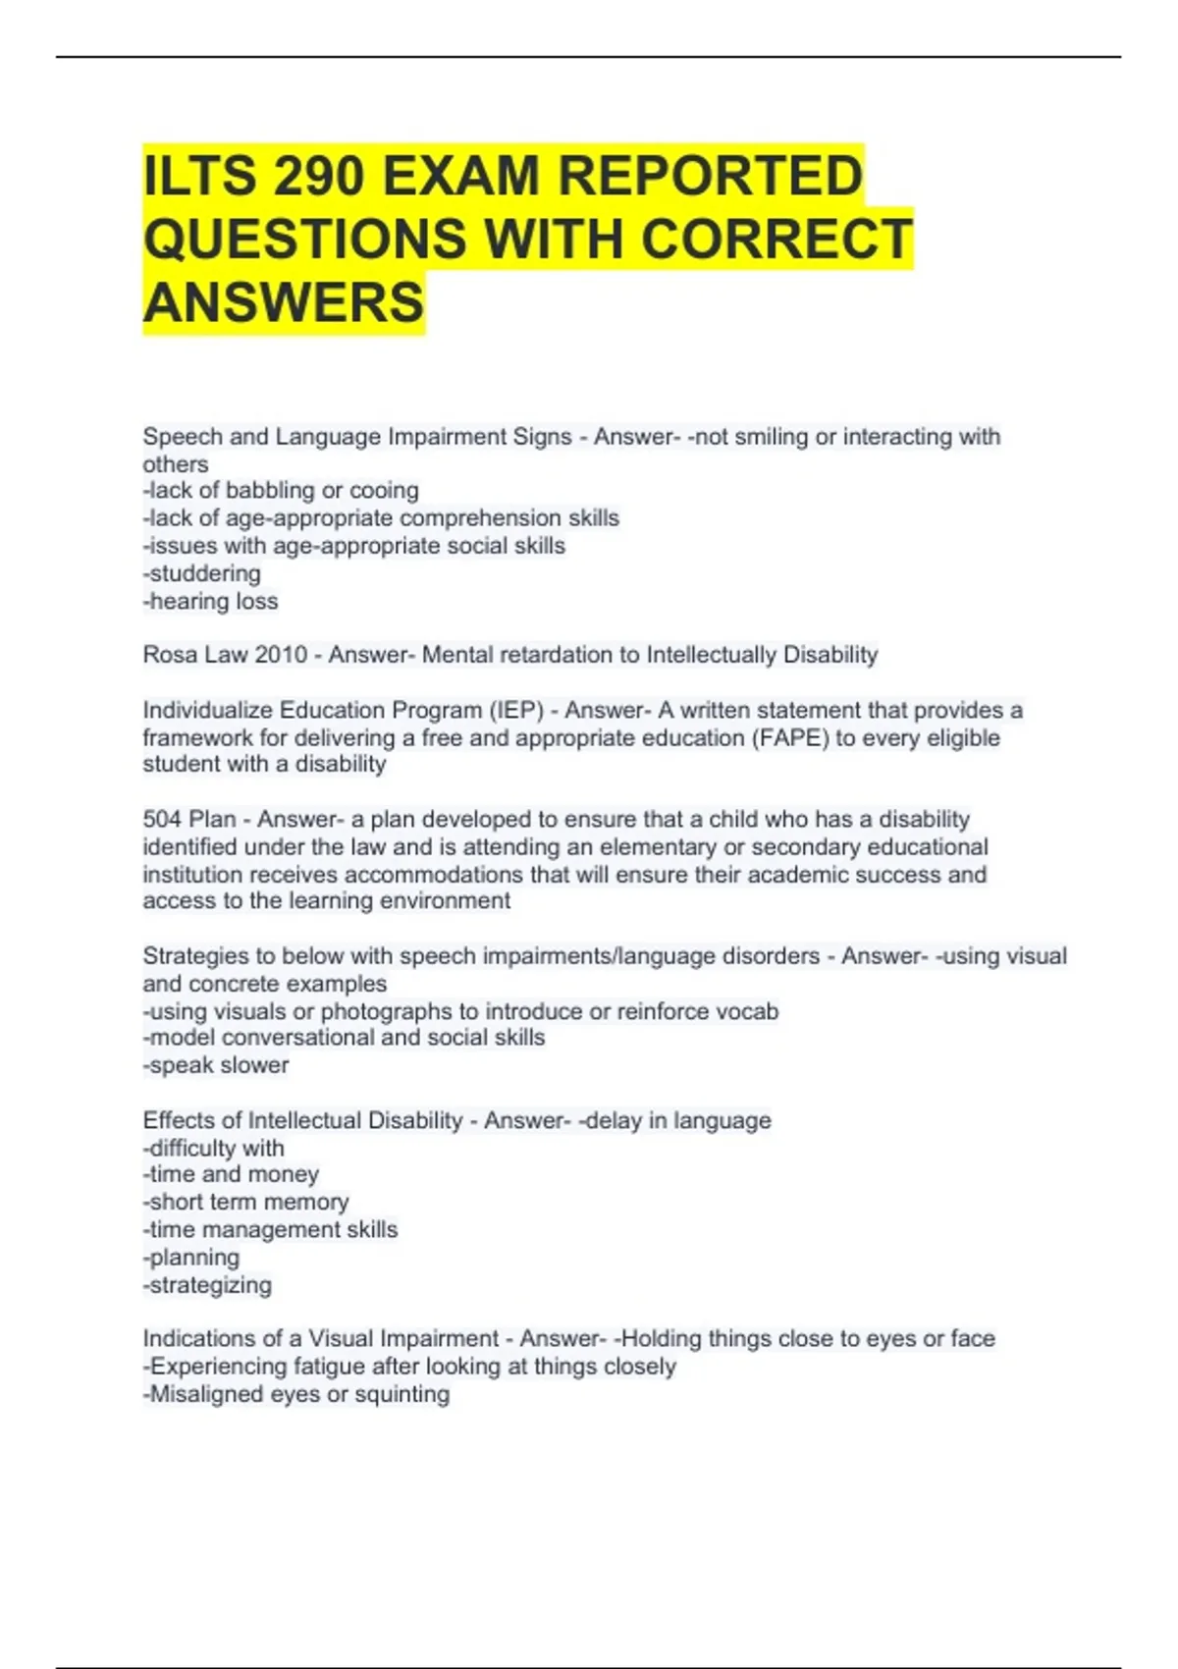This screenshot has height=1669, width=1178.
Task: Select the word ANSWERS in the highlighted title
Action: click(x=284, y=301)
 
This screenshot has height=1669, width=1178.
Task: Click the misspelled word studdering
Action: click(x=205, y=573)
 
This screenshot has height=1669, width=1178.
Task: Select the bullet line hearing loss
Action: click(x=211, y=601)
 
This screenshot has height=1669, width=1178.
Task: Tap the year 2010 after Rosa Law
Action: click(x=281, y=655)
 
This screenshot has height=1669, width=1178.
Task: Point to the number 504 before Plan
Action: click(x=162, y=819)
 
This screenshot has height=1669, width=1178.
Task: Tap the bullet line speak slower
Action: click(x=217, y=1065)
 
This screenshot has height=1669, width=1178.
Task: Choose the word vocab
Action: click(x=747, y=1011)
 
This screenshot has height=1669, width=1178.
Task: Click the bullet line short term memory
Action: click(x=246, y=1202)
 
